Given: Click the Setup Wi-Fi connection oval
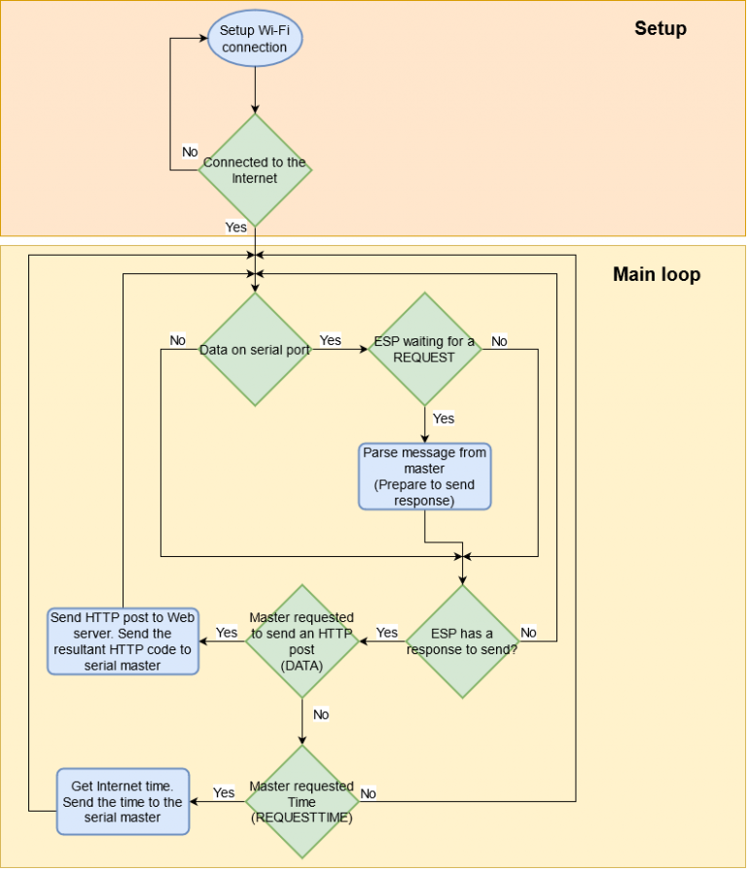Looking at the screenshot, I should [x=254, y=39].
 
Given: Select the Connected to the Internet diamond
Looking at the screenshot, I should [x=255, y=170].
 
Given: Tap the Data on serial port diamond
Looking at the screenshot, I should [x=255, y=349].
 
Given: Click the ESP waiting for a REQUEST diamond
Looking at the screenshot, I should [x=424, y=349].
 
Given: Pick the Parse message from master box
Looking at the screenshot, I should [x=425, y=476].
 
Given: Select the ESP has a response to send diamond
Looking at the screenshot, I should [x=462, y=641].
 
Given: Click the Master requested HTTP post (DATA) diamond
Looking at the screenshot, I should [x=302, y=641].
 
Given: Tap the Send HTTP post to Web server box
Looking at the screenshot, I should [x=124, y=642].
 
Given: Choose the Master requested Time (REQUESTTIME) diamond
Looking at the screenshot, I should [x=302, y=801].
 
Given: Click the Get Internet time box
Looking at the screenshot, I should [x=123, y=801].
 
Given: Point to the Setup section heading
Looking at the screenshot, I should [x=660, y=28].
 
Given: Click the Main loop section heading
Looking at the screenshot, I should [x=657, y=274].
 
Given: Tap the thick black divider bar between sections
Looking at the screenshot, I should [x=373, y=240].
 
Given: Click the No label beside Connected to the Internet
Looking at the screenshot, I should [x=190, y=152].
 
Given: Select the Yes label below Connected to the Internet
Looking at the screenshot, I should [x=236, y=226].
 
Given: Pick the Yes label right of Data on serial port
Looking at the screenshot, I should [x=331, y=340].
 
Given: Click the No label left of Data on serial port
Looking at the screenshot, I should [x=177, y=340].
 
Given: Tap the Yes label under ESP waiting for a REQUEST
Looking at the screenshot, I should [x=444, y=418].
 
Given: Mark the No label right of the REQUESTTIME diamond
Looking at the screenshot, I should [x=369, y=793].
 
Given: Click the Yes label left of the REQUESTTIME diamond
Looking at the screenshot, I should [x=224, y=792].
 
